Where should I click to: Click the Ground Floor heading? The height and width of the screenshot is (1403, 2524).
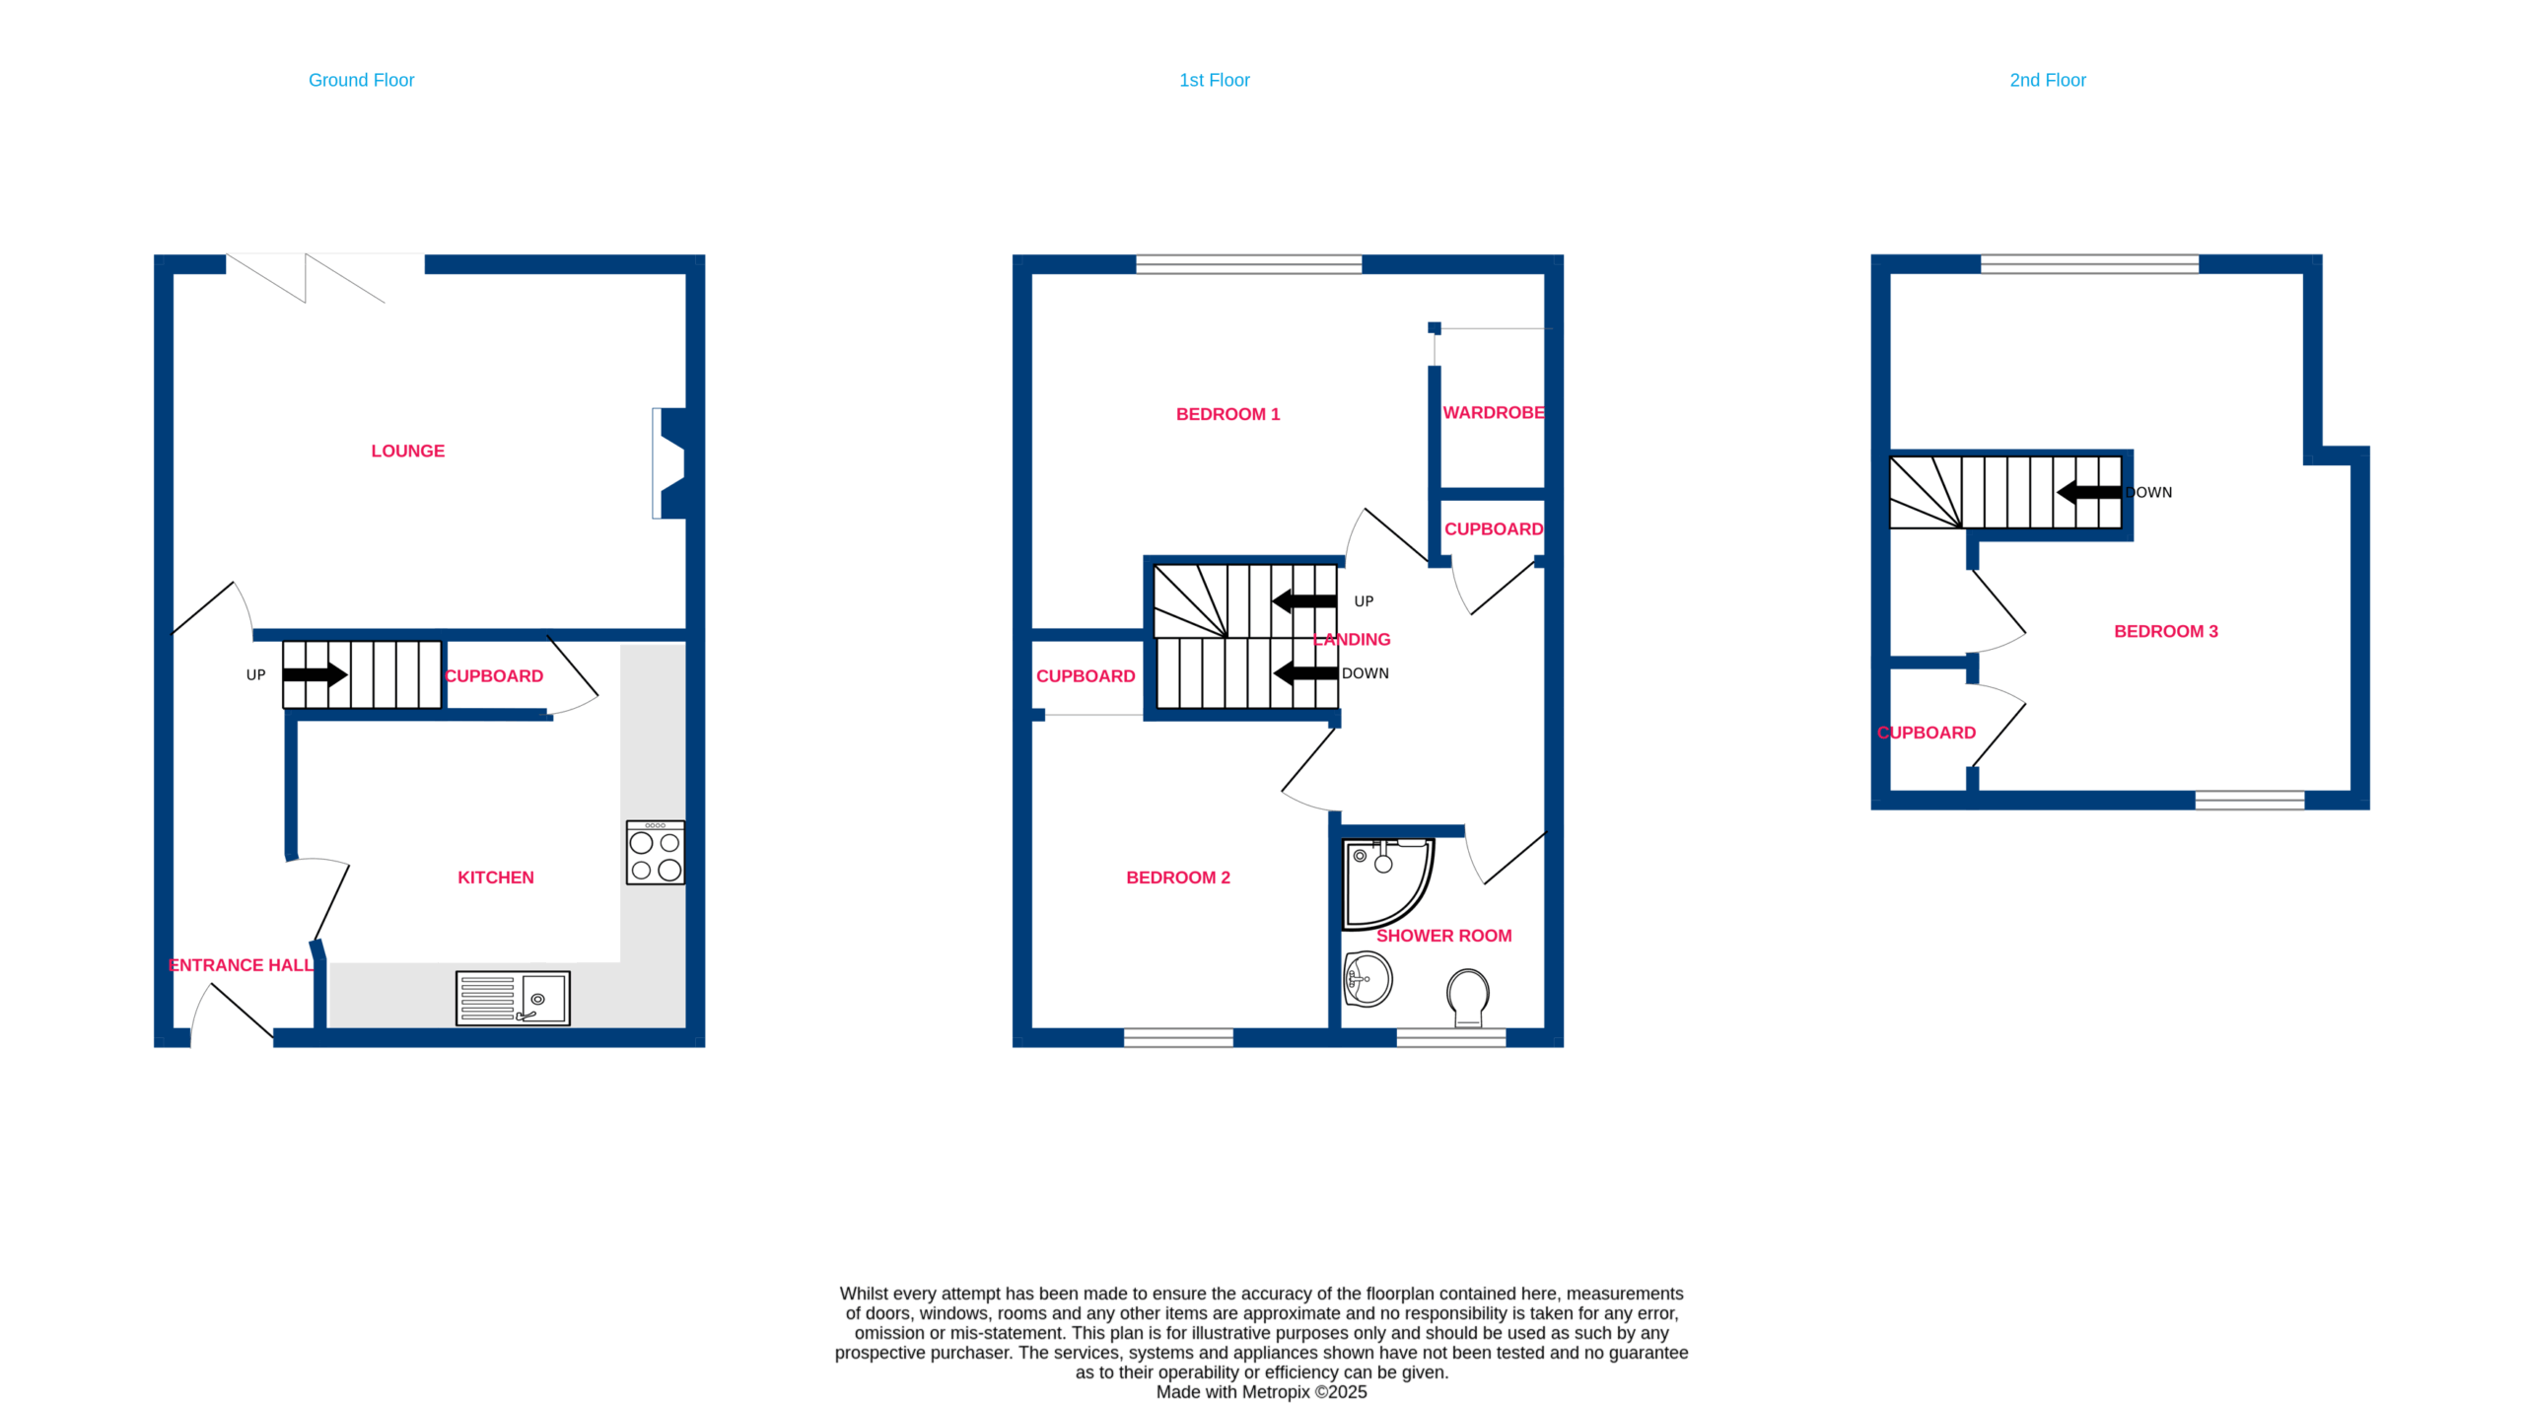tap(361, 80)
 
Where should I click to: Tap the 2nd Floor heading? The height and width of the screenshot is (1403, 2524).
tap(2047, 80)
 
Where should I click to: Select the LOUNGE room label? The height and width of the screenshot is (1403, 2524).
tap(407, 451)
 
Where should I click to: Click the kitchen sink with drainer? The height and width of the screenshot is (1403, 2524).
tap(513, 998)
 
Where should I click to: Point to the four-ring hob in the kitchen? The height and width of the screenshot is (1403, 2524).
tap(656, 853)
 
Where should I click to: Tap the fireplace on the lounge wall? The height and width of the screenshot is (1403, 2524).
tap(669, 463)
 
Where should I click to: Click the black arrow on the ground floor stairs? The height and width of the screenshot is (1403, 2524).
tap(315, 675)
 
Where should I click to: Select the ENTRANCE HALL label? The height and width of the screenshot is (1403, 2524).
tap(241, 965)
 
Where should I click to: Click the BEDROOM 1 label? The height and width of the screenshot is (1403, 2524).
tap(1227, 414)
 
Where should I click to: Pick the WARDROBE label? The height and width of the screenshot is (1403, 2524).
tap(1493, 412)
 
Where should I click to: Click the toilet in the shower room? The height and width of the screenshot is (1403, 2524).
tap(1468, 997)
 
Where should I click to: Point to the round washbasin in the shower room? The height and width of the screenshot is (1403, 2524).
tap(1367, 979)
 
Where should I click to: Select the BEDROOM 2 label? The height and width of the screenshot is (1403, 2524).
tap(1178, 877)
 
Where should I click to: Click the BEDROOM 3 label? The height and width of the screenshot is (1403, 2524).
tap(2165, 631)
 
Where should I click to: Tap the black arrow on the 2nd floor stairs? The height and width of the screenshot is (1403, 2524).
tap(2088, 492)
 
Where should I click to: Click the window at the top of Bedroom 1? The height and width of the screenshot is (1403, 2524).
tap(1248, 264)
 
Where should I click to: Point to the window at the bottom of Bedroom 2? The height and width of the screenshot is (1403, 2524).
tap(1178, 1037)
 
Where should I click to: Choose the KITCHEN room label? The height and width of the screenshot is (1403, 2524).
tap(495, 877)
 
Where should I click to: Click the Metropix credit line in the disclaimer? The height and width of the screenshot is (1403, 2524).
tap(1261, 1392)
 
